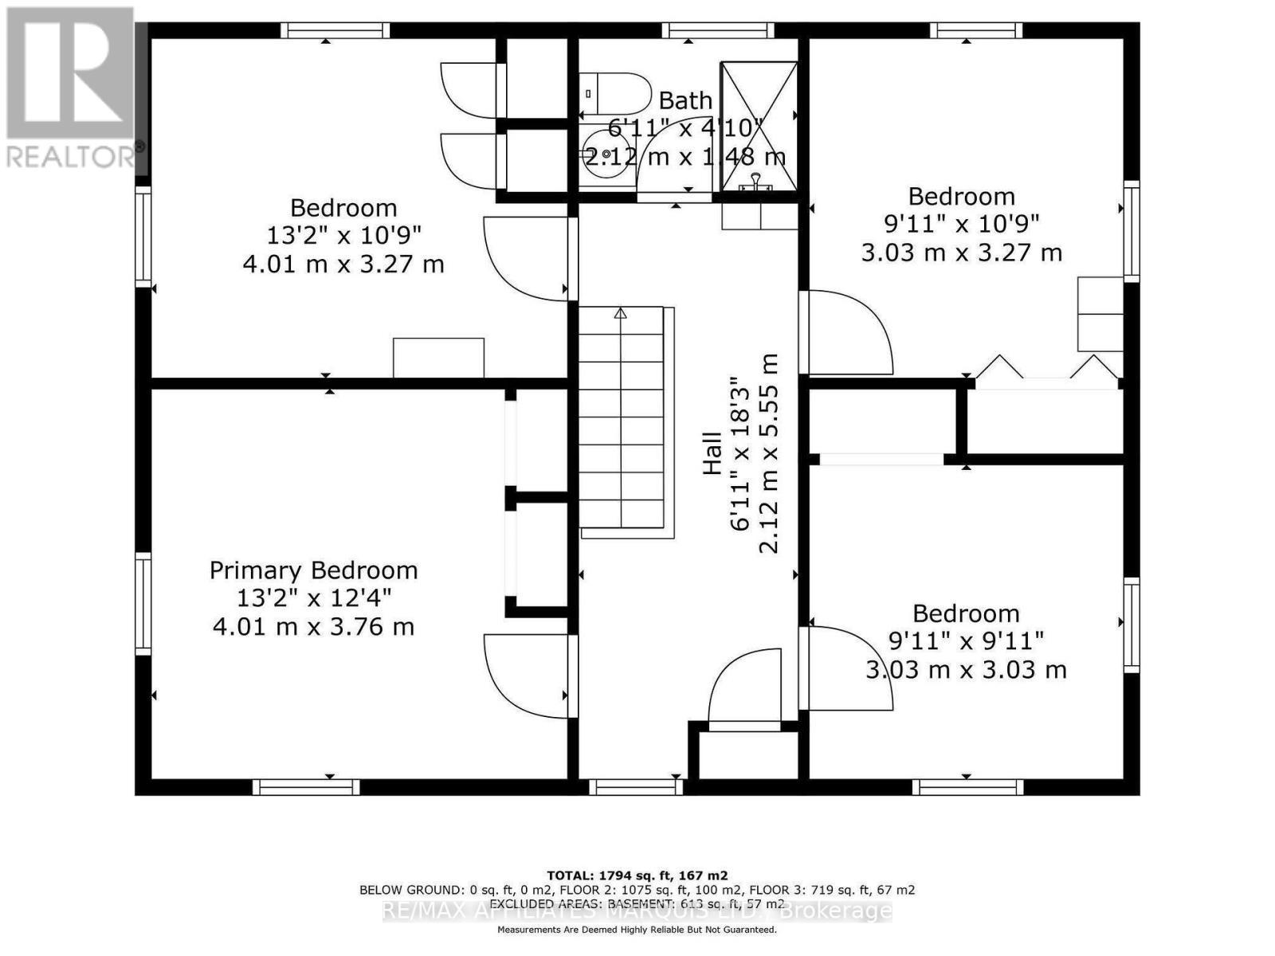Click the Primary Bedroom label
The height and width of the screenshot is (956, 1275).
click(313, 570)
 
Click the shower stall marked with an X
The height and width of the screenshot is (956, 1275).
click(759, 126)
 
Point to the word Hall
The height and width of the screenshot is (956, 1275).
click(712, 454)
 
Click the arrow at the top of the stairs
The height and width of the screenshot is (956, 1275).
click(621, 313)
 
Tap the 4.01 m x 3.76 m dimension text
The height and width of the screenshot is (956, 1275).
click(313, 627)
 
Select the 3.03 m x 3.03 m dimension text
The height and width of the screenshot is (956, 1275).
click(966, 669)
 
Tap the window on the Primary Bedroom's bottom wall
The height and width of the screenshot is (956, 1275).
click(306, 787)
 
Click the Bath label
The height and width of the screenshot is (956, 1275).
click(685, 101)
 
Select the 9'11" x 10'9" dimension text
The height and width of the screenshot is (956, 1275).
click(962, 225)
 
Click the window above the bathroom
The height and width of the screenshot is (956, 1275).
click(718, 30)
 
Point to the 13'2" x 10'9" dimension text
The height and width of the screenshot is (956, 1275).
click(343, 236)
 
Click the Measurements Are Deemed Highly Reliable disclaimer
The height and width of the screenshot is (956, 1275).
click(637, 930)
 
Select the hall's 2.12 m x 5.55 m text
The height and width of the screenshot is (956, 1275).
click(768, 454)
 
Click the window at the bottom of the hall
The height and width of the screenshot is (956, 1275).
click(635, 787)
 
